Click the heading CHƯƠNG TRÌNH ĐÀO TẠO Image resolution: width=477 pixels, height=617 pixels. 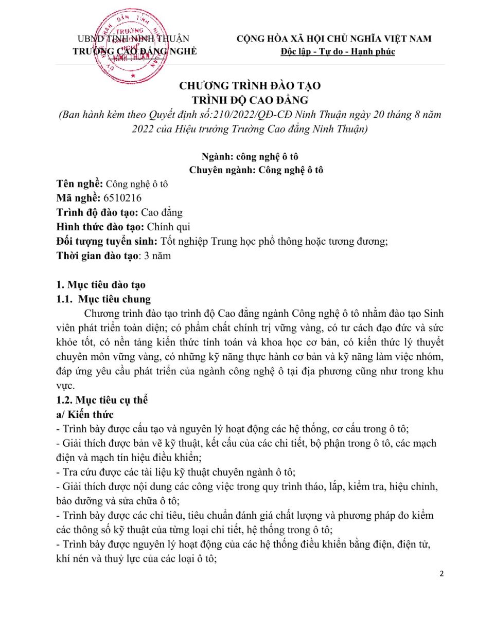pyautogui.click(x=249, y=86)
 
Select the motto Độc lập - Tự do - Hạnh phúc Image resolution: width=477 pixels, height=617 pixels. pyautogui.click(x=338, y=52)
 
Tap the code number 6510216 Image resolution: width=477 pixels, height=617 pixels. pyautogui.click(x=122, y=197)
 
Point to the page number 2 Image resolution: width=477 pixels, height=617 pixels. pyautogui.click(x=442, y=573)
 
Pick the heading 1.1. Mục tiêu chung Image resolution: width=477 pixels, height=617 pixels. pyautogui.click(x=104, y=299)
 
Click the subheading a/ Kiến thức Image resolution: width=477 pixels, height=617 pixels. pyautogui.click(x=85, y=414)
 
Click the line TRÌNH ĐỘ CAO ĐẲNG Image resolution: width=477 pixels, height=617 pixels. pyautogui.click(x=249, y=100)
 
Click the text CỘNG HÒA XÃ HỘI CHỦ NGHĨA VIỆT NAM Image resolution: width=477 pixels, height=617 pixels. pyautogui.click(x=334, y=39)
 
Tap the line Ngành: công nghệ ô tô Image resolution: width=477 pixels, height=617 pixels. pyautogui.click(x=249, y=157)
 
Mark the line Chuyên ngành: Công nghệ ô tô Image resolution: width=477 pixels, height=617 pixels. pyautogui.click(x=249, y=170)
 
